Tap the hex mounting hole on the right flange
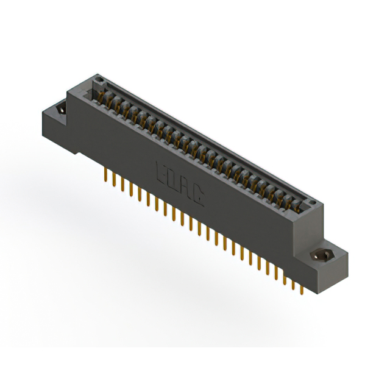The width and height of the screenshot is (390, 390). pos(322,255)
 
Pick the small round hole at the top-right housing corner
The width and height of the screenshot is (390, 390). pos(311,202)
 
